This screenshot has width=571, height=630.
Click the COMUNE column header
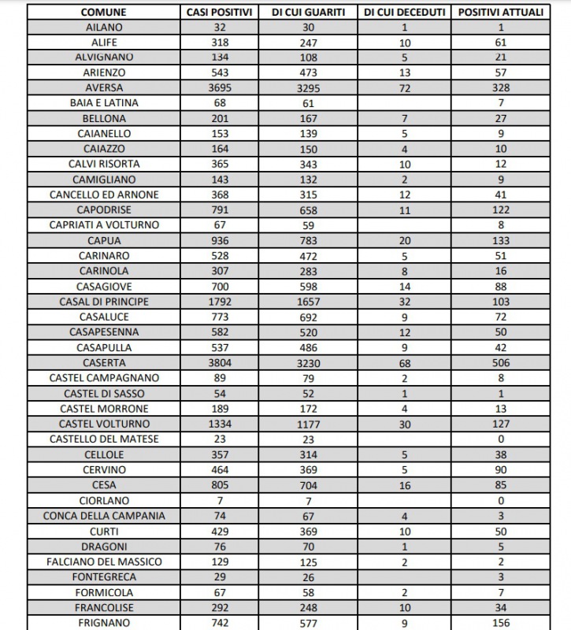[x=104, y=13]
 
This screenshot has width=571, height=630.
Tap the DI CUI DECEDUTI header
[x=405, y=13]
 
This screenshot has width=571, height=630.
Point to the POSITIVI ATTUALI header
[x=500, y=13]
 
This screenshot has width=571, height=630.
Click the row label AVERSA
[x=104, y=88]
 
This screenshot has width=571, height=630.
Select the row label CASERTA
[x=104, y=362]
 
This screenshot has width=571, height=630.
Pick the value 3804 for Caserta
[x=220, y=362]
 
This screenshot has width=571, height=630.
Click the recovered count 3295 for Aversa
[x=313, y=88]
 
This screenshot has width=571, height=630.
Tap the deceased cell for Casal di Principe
[x=405, y=302]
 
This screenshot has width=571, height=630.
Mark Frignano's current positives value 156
[x=500, y=622]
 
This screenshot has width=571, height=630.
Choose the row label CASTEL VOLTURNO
[x=104, y=424]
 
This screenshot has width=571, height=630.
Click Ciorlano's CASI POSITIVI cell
[x=220, y=500]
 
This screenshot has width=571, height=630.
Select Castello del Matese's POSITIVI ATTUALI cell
[x=500, y=439]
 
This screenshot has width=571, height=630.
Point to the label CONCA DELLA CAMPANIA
[x=104, y=515]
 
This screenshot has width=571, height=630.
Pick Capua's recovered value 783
[x=313, y=240]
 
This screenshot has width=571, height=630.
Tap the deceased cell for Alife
[x=405, y=43]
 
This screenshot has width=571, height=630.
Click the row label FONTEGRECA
[x=104, y=576]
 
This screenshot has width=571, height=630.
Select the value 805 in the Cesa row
[x=220, y=485]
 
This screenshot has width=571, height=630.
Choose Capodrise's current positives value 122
[x=500, y=210]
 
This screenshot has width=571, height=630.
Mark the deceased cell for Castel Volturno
[x=405, y=424]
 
